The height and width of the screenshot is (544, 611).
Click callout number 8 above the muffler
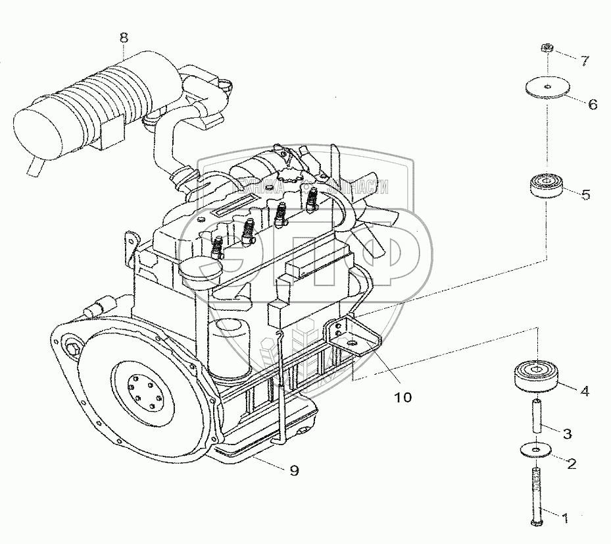[x=124, y=37]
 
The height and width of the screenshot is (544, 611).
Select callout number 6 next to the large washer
[x=593, y=104]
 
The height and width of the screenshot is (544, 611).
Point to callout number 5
[x=585, y=194]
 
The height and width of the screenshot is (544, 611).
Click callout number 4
[x=583, y=391]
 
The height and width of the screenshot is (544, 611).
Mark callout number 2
[x=571, y=464]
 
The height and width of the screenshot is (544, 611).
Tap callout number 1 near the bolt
[x=563, y=518]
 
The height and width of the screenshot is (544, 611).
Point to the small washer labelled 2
[x=536, y=450]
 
